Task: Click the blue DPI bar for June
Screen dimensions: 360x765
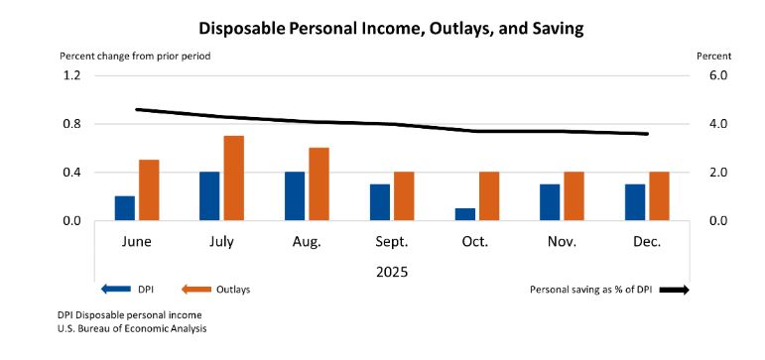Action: [x=124, y=208]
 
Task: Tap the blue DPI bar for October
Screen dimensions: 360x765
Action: [x=465, y=214]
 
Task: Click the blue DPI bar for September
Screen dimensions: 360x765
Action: [x=380, y=202]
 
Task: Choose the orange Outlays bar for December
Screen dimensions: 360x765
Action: [x=659, y=196]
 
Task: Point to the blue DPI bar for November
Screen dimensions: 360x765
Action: [x=550, y=202]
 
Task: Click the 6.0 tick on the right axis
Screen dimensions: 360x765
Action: [x=717, y=75]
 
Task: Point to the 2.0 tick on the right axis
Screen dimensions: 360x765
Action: [x=717, y=173]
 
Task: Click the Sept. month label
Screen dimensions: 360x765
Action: [x=392, y=242]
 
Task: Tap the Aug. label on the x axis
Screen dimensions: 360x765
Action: [x=307, y=242]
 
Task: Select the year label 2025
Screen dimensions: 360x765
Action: [x=391, y=270]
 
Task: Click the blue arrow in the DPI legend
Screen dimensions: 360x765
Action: [x=115, y=290]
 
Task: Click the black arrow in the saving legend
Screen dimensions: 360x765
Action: [x=673, y=290]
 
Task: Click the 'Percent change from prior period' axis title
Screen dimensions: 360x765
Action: [x=135, y=56]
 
